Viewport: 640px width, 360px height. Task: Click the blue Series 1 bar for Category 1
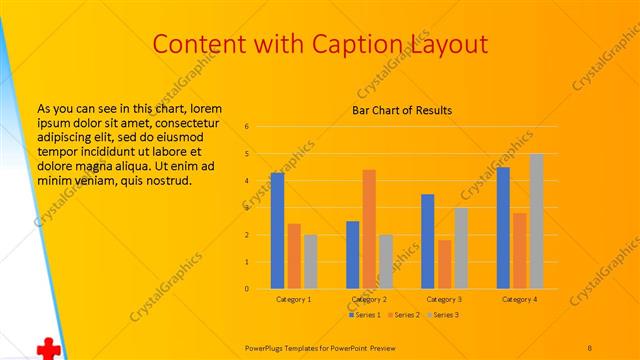[277, 231]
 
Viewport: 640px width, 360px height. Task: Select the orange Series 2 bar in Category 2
[369, 229]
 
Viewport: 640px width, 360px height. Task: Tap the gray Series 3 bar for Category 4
[536, 221]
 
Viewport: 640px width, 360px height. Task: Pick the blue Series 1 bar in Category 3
[428, 241]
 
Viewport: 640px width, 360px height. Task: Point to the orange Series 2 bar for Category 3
[444, 264]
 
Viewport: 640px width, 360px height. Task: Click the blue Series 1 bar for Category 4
[503, 228]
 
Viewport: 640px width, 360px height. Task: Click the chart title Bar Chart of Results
[402, 110]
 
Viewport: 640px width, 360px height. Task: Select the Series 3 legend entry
[444, 315]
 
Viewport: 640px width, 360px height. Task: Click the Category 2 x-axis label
[369, 299]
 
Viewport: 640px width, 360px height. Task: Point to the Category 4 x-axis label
[519, 299]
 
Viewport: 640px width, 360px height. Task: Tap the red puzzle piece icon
[46, 348]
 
